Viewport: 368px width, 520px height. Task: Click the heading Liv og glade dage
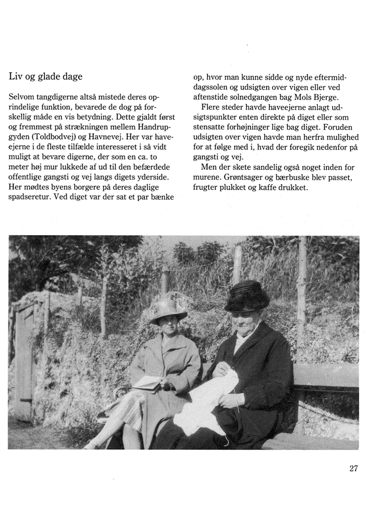tap(45, 77)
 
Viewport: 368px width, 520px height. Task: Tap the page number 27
tap(353, 469)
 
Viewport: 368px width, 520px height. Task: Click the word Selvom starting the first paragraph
tap(22, 97)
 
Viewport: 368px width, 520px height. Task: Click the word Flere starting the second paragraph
tap(212, 108)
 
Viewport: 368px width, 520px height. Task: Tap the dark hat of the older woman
tap(247, 296)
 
